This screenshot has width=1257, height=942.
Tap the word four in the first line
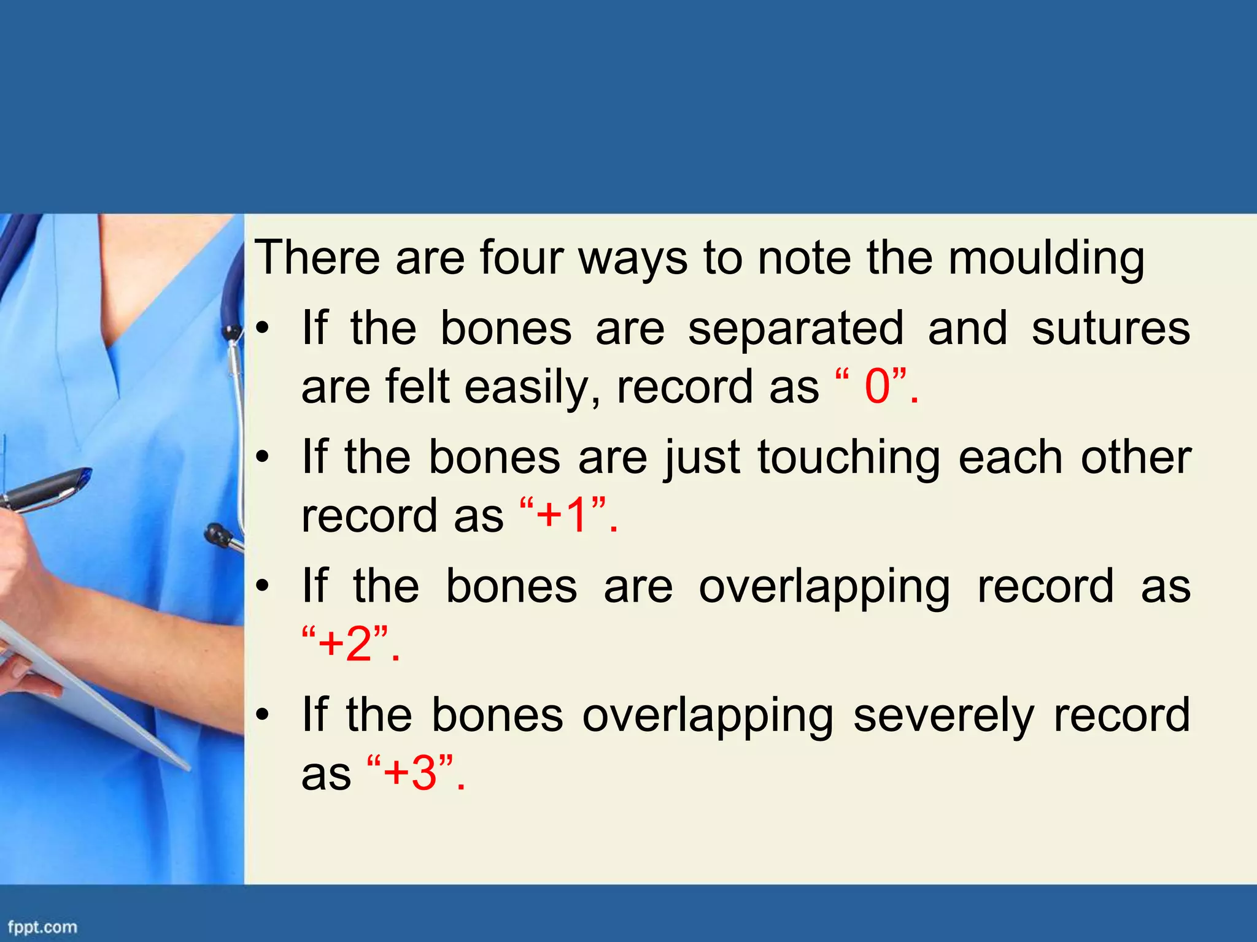tap(521, 258)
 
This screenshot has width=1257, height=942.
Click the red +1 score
tap(562, 515)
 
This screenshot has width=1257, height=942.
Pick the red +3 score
tap(410, 772)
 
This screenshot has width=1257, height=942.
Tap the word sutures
tap(1110, 328)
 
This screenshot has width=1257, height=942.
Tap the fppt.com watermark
tap(42, 927)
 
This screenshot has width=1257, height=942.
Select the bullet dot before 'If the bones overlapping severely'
tap(263, 715)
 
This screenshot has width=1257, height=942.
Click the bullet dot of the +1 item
tap(263, 458)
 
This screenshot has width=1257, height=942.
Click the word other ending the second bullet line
tap(1135, 458)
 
